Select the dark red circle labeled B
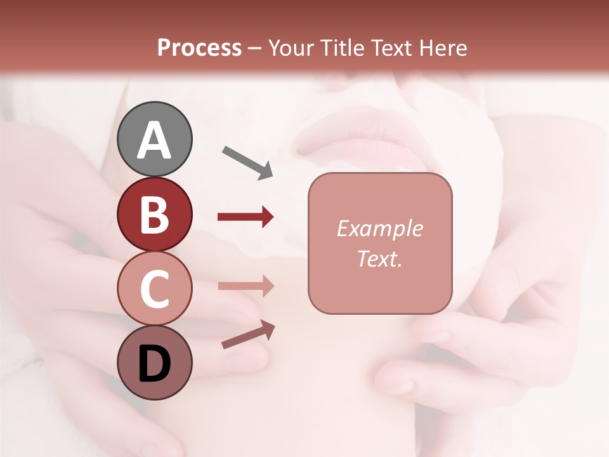(154, 214)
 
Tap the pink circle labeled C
(154, 289)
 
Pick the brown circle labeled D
(154, 362)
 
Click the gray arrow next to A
(247, 162)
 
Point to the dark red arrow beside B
(246, 217)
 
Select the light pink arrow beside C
(246, 286)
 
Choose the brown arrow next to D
(248, 334)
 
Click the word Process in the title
(199, 48)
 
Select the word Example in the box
(379, 228)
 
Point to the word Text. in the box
(379, 258)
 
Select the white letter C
(154, 289)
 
